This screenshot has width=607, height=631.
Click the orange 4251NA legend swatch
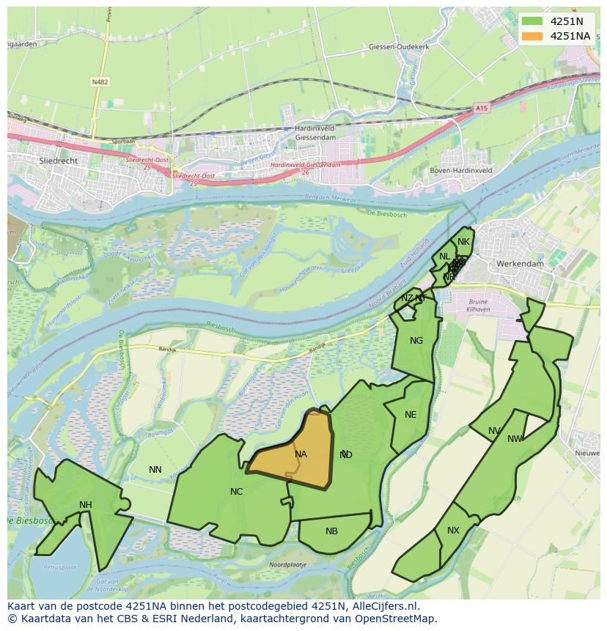point(534,36)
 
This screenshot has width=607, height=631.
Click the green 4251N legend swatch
point(534,21)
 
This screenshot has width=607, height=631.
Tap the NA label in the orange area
point(301,454)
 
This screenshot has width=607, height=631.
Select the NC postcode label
point(236,492)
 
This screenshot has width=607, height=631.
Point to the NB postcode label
point(331,531)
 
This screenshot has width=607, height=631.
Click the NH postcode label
point(86,505)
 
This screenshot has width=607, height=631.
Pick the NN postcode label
point(155,470)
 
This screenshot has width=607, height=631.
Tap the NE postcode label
point(411,415)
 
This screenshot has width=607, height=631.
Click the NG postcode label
point(416,341)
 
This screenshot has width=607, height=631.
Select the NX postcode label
point(453,531)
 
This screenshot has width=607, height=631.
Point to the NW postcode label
point(515,439)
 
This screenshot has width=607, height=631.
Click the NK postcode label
point(463,242)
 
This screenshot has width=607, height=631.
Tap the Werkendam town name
point(519,263)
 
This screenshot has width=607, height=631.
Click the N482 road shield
point(100,82)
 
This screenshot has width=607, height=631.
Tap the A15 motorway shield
point(481,108)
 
